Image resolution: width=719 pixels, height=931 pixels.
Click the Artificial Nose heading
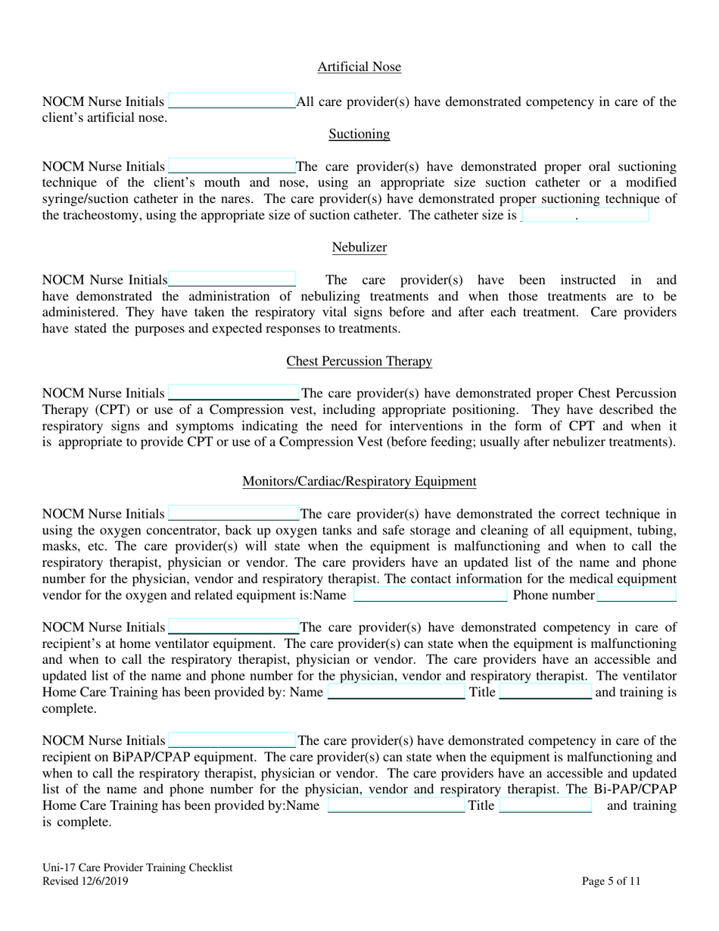tap(359, 67)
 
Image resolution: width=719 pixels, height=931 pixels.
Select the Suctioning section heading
tap(359, 134)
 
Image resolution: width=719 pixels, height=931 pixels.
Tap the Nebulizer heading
tap(359, 248)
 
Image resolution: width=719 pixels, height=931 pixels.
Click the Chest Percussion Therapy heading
tap(359, 361)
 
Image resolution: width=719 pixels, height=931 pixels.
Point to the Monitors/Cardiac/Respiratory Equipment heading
tap(359, 481)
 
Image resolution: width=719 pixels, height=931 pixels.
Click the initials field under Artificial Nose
tap(232, 101)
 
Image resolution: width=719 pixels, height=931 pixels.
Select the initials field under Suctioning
tap(232, 167)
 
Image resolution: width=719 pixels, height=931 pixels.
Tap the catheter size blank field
tap(584, 215)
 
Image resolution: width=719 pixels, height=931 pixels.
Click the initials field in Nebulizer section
tap(232, 280)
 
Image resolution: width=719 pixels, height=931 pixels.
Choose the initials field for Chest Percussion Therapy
tap(233, 394)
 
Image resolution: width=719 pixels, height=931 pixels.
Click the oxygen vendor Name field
tap(430, 595)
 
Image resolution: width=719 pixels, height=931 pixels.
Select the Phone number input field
tap(636, 595)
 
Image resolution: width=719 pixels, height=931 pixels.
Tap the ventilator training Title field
tap(545, 693)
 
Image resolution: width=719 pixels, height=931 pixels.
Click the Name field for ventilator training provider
tap(396, 693)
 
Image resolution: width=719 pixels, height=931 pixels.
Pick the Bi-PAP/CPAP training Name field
tap(396, 805)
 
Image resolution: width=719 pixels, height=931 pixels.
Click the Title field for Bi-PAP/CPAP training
tap(545, 805)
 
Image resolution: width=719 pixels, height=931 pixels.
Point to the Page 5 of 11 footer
tap(611, 881)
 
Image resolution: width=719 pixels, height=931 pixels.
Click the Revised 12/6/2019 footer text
tap(86, 881)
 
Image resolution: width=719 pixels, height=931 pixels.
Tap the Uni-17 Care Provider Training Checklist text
tap(137, 868)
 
